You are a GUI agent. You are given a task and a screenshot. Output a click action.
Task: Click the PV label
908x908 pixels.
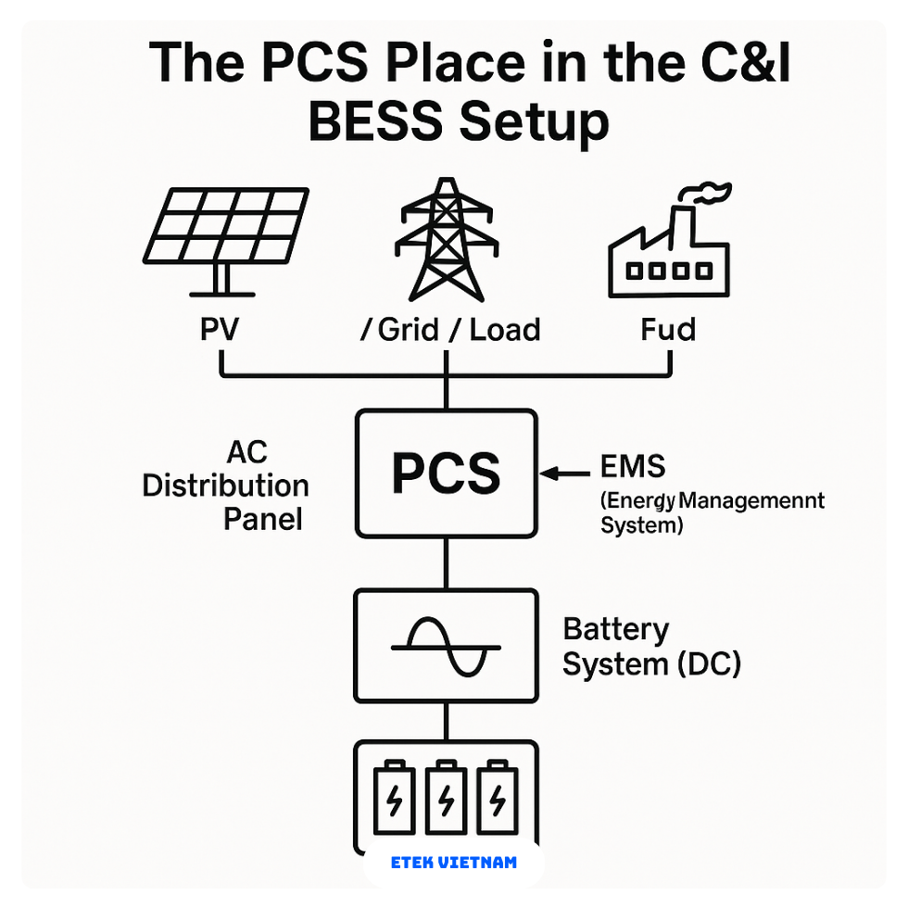pos(220,330)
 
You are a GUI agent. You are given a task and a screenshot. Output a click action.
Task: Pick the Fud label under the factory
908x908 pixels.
pos(667,330)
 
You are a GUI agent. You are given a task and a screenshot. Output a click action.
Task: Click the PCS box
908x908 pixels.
pos(446,473)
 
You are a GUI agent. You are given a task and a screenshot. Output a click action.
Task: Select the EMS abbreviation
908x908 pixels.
pos(633,465)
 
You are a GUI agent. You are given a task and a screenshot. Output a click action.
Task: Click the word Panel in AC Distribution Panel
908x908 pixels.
pos(263,519)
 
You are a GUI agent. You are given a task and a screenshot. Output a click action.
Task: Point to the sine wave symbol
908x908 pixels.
pos(446,645)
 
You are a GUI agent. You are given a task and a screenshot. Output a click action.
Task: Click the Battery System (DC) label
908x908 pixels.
pos(651,647)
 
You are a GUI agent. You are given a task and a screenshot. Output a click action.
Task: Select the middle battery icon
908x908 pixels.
pos(446,798)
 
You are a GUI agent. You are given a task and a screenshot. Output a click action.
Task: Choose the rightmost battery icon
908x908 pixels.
pos(497,798)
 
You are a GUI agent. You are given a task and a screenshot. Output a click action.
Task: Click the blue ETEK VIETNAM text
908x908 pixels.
pos(454,863)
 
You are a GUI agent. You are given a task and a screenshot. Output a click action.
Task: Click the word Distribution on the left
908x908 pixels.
pos(225,486)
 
